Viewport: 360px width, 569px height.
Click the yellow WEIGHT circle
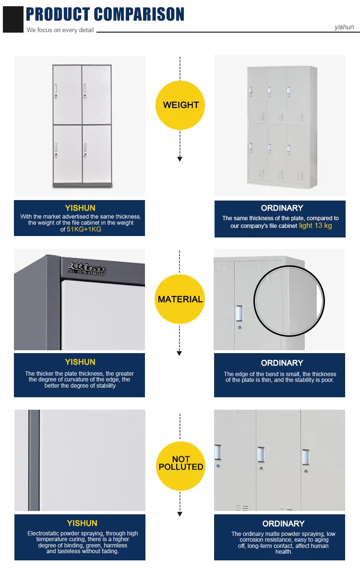(180, 105)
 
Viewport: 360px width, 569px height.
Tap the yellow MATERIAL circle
(180, 299)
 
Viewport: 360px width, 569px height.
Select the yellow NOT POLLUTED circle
(180, 463)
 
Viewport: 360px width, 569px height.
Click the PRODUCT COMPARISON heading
(105, 14)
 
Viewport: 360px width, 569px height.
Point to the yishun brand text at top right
(344, 27)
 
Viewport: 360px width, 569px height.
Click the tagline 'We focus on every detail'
(60, 30)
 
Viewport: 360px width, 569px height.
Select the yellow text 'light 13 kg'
(315, 225)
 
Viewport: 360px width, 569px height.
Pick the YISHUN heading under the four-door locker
(80, 208)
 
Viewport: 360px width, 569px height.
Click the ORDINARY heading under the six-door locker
(282, 208)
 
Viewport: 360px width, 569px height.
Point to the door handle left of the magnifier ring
(239, 313)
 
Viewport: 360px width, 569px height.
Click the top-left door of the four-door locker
(67, 95)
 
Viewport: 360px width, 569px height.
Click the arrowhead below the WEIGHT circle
(180, 159)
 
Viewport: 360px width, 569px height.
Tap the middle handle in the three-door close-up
(261, 454)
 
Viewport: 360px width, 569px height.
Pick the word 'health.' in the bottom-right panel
(284, 551)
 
